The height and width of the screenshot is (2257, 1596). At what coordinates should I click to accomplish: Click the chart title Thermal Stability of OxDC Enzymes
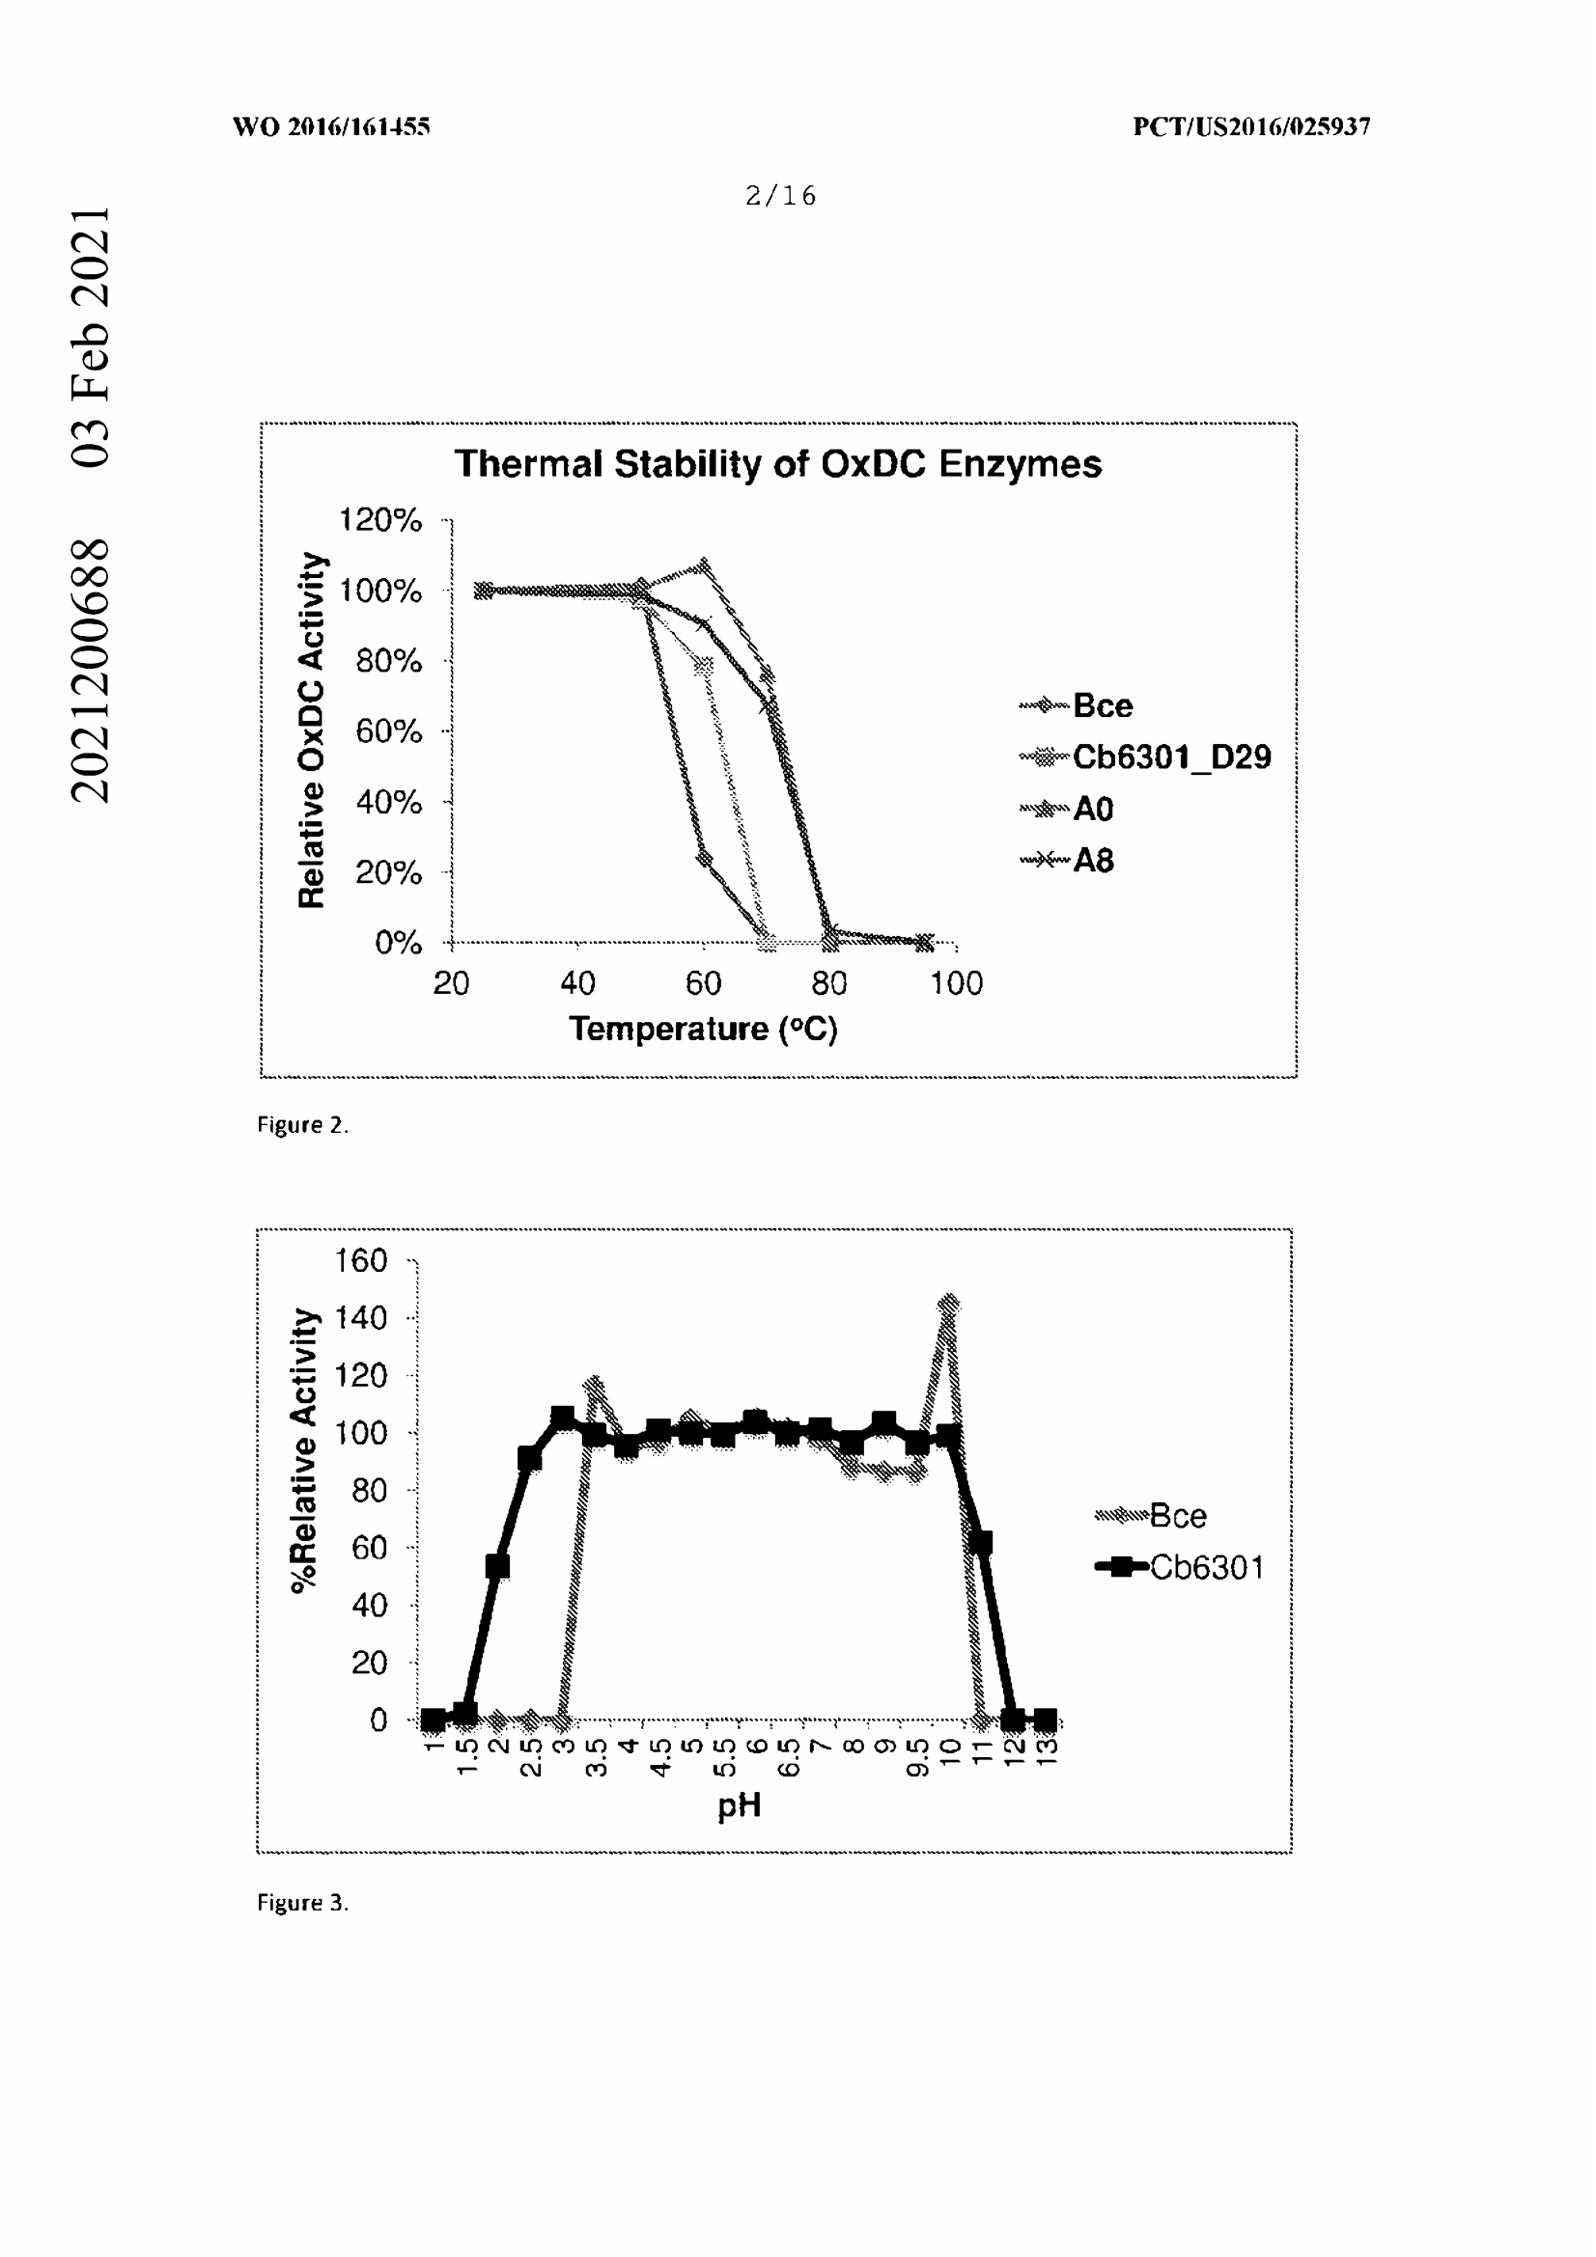(x=777, y=464)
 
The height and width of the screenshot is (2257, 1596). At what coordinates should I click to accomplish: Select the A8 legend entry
(x=1092, y=861)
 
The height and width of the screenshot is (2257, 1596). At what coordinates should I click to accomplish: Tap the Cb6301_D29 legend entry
(x=1170, y=757)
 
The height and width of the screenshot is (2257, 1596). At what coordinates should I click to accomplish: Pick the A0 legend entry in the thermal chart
(x=1092, y=809)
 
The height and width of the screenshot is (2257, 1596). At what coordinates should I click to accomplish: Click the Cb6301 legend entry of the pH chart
(x=1206, y=1567)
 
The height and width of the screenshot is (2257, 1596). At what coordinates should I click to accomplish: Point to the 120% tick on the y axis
(x=380, y=520)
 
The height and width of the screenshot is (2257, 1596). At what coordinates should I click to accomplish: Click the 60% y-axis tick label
(x=388, y=731)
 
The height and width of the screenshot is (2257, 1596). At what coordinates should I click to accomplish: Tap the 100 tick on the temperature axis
(x=956, y=983)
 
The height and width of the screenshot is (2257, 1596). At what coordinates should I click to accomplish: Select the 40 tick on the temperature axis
(x=577, y=983)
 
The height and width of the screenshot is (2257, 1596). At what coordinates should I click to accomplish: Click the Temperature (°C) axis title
(x=703, y=1030)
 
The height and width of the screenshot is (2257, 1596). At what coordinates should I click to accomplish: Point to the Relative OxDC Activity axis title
(x=311, y=730)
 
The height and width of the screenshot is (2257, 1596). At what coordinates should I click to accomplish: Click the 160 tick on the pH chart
(x=361, y=1260)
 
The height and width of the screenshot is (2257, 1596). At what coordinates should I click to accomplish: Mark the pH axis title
(x=740, y=1805)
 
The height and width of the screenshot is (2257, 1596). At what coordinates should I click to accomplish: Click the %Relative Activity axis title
(x=305, y=1450)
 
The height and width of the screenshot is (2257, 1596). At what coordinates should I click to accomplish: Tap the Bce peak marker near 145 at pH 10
(x=949, y=1305)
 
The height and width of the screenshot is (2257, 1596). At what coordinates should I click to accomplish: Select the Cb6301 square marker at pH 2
(x=497, y=1566)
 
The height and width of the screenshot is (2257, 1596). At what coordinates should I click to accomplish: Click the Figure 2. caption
(x=303, y=1124)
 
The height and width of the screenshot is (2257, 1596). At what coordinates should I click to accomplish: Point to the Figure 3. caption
(x=303, y=1902)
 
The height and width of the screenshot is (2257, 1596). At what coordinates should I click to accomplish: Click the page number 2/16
(x=781, y=196)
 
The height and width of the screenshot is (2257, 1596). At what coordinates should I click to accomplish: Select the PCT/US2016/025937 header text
(x=1251, y=126)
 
